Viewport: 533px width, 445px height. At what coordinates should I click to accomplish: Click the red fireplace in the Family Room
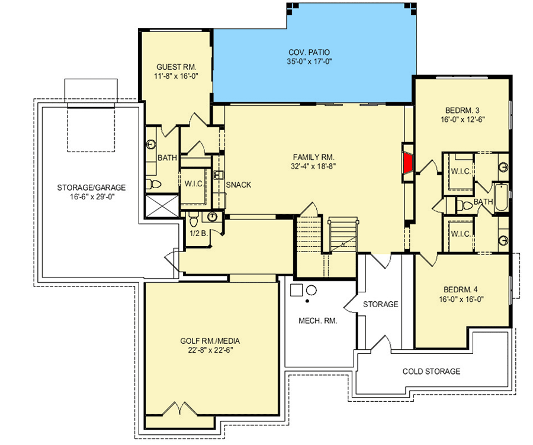(x=408, y=163)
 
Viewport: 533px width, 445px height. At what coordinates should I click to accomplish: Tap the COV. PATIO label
(x=309, y=52)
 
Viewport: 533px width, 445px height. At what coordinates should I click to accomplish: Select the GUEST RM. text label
(x=176, y=67)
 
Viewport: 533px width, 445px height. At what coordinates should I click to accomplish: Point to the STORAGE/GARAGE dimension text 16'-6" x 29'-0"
(x=91, y=196)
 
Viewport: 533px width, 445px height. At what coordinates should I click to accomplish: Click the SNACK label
(x=239, y=185)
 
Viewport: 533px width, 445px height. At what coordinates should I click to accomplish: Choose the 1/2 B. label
(x=199, y=233)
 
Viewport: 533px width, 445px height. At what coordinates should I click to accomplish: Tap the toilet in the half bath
(x=194, y=219)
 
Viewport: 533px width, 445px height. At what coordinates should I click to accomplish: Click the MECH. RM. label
(x=318, y=321)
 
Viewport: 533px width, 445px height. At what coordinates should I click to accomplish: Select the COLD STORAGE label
(x=431, y=371)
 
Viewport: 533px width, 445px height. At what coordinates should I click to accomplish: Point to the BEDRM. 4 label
(x=461, y=290)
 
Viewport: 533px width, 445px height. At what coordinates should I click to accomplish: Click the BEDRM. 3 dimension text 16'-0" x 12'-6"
(x=463, y=119)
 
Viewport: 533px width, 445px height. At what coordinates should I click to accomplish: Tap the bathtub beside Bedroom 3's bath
(x=501, y=198)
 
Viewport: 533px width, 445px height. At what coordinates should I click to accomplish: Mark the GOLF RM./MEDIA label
(x=210, y=341)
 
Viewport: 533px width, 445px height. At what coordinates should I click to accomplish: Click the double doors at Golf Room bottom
(x=179, y=409)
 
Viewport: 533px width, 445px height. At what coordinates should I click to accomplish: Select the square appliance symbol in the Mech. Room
(x=296, y=290)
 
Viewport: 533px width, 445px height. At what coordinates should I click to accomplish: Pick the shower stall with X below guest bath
(x=162, y=205)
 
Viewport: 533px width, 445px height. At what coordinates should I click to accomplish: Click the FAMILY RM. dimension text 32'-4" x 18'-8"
(x=313, y=166)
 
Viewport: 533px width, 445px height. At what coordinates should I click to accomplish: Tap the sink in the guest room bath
(x=151, y=144)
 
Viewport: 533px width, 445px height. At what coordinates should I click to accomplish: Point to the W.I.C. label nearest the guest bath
(x=194, y=184)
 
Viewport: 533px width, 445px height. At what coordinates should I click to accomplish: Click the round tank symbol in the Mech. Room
(x=312, y=291)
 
